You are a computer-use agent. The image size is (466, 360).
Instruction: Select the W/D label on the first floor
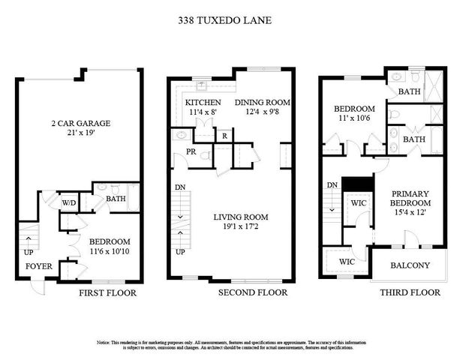(68, 202)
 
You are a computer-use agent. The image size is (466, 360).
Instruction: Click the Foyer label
(39, 265)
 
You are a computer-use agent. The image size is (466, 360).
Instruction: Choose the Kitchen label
(203, 103)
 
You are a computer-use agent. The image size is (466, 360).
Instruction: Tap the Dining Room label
(262, 103)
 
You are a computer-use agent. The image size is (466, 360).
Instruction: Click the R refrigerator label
(224, 136)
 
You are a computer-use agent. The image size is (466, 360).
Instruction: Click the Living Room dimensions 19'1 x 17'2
(240, 227)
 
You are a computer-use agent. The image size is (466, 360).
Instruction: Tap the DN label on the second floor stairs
(180, 187)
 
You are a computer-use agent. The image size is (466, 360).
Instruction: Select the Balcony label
(410, 265)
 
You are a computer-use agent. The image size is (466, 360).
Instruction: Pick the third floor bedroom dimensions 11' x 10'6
(353, 118)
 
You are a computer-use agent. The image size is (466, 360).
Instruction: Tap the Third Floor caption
(409, 292)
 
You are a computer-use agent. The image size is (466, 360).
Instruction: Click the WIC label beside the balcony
(346, 262)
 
